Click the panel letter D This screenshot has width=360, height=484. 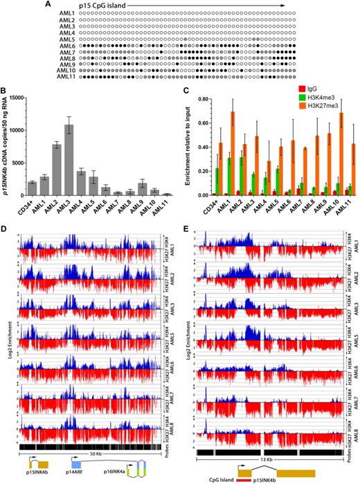pyautogui.click(x=8, y=226)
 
